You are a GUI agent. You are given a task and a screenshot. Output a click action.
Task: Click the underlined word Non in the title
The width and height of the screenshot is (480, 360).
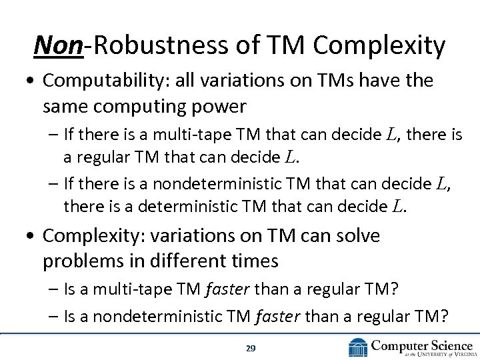[x=58, y=45]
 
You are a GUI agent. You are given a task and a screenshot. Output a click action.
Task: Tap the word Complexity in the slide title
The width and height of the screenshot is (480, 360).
[x=379, y=45]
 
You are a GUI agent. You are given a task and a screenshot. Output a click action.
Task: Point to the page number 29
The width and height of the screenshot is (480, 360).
[x=251, y=348]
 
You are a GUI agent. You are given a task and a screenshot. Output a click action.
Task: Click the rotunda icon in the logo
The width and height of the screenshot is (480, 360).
[x=358, y=347]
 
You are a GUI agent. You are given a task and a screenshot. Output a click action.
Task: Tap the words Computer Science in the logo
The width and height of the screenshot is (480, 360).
[x=421, y=345]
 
